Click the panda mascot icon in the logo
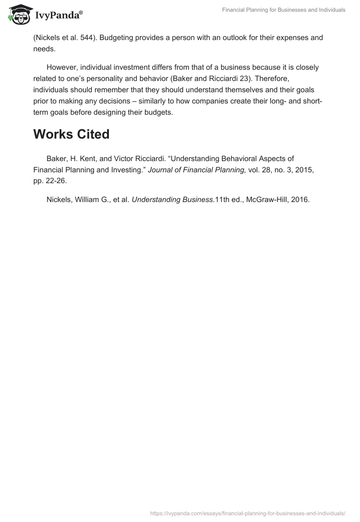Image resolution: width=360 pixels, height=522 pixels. pyautogui.click(x=18, y=13)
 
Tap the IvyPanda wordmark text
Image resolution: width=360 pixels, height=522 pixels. pyautogui.click(x=58, y=15)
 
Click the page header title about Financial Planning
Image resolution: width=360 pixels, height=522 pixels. pyautogui.click(x=284, y=10)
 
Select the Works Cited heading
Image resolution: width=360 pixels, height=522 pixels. pyautogui.click(x=71, y=134)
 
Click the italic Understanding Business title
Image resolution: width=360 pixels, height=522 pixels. pyautogui.click(x=173, y=200)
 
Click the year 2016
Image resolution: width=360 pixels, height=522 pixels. pyautogui.click(x=300, y=200)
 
